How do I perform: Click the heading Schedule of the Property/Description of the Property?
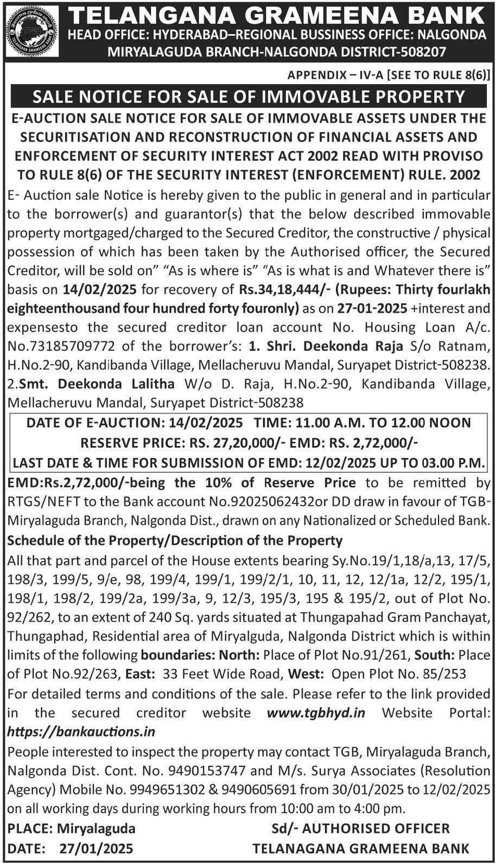click(x=175, y=540)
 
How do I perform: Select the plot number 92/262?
click(x=27, y=617)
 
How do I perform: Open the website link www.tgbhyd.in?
click(x=315, y=713)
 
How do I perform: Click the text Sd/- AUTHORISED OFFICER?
click(x=360, y=828)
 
